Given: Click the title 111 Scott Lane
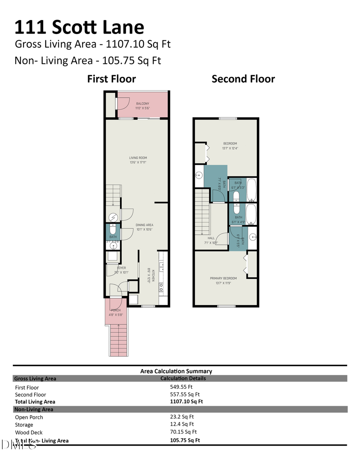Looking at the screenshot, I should tap(79, 27).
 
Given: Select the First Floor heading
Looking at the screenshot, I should tap(112, 79).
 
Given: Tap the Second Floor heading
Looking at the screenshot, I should tap(243, 79).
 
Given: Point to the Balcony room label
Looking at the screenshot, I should tap(142, 104).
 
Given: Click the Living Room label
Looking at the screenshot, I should tap(138, 158).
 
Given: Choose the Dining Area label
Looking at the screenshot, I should tap(144, 225).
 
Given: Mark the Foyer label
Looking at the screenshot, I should tap(121, 268).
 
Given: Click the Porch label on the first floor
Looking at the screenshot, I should tap(116, 310).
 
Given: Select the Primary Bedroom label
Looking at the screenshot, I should tap(223, 278).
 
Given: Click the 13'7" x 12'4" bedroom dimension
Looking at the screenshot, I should tap(230, 148).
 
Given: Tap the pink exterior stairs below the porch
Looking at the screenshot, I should tap(118, 340).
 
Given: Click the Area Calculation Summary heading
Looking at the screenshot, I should tap(176, 371).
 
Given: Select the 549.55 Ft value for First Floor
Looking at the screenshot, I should tap(181, 387).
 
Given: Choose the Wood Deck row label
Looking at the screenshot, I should tap(29, 432).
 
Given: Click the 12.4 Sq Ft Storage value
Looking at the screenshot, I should tap(182, 424).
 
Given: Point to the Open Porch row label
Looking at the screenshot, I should tap(29, 417).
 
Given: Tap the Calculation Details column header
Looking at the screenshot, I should tap(183, 378).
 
